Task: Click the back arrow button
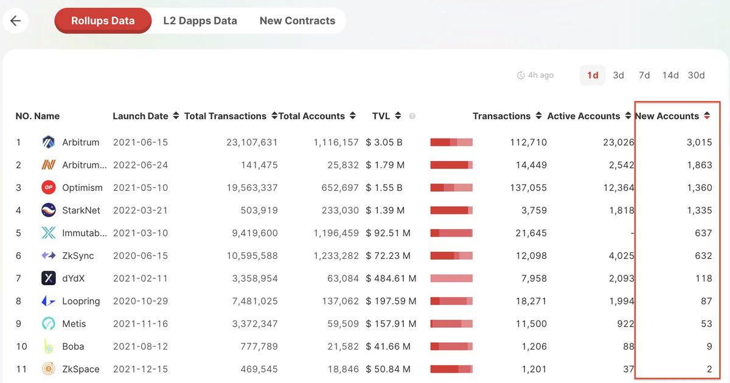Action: tap(15, 21)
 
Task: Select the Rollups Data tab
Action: tap(103, 21)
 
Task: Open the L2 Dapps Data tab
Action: tap(200, 21)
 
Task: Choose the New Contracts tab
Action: tap(297, 21)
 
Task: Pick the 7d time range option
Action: tap(644, 75)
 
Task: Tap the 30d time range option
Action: tap(696, 75)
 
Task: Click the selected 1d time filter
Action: tap(593, 75)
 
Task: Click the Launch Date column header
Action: tap(141, 116)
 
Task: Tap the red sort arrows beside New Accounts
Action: tap(707, 116)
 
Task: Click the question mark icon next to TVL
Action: tap(412, 116)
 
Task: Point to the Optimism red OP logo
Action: tap(49, 187)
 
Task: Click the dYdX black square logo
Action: tap(49, 278)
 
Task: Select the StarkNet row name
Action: tap(81, 210)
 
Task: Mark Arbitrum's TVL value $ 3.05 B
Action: tap(384, 142)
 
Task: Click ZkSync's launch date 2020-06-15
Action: tap(141, 256)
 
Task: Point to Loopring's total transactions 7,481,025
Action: tap(255, 301)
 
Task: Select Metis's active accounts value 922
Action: tap(626, 323)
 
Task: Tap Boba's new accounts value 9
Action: tap(709, 346)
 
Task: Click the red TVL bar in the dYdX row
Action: tap(451, 278)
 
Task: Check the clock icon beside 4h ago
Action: tap(521, 75)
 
